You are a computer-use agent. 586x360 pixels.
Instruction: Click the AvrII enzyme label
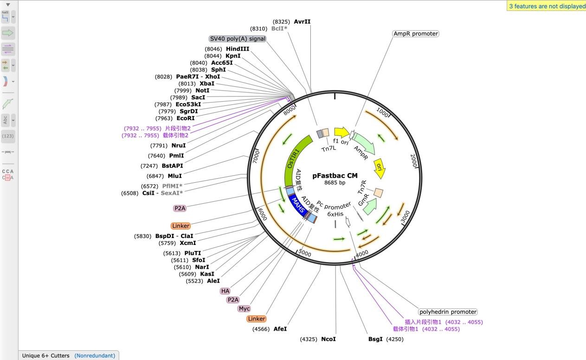[x=302, y=22]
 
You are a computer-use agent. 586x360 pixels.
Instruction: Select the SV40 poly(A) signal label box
[x=238, y=39]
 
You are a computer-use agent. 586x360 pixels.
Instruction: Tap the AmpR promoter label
[x=415, y=34]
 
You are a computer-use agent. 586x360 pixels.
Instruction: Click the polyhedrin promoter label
[x=448, y=312]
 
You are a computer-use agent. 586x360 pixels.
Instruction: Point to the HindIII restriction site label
[x=238, y=49]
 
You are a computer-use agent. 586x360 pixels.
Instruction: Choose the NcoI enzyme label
[x=328, y=339]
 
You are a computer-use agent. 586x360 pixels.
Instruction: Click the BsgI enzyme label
[x=375, y=339]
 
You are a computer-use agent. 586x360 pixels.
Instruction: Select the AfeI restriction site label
[x=280, y=329]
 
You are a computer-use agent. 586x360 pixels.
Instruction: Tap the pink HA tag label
[x=225, y=291]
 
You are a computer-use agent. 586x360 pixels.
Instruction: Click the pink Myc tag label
[x=244, y=309]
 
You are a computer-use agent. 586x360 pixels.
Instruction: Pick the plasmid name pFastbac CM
[x=335, y=175]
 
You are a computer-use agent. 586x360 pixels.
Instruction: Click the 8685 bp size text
[x=335, y=183]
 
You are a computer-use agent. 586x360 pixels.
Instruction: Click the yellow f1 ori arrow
[x=341, y=133]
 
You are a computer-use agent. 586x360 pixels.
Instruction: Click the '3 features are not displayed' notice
[x=547, y=6]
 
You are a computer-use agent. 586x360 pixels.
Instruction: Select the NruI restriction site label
[x=179, y=146]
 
